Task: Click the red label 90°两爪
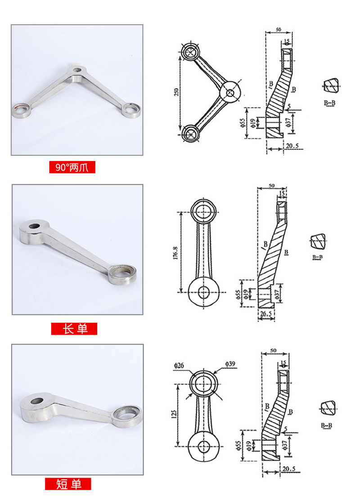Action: pyautogui.click(x=72, y=168)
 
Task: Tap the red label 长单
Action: pyautogui.click(x=74, y=329)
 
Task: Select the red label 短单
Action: pyautogui.click(x=68, y=484)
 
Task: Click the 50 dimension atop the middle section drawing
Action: pyautogui.click(x=271, y=185)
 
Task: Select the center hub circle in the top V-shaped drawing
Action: pyautogui.click(x=230, y=93)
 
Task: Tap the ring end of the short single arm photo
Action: pyautogui.click(x=127, y=413)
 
